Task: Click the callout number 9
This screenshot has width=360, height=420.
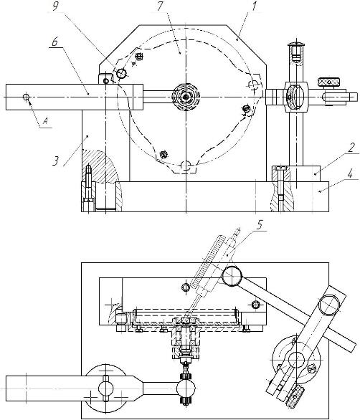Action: pos(55,6)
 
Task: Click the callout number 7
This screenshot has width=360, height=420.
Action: pos(160,6)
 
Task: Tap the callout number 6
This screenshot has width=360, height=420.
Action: pos(55,42)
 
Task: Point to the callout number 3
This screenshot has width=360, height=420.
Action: pos(55,161)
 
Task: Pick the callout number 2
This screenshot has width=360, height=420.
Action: pos(351,148)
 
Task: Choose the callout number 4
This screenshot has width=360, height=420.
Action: pos(350,174)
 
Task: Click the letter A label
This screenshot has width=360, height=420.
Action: pos(46,122)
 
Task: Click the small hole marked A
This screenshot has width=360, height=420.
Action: pos(26,97)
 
